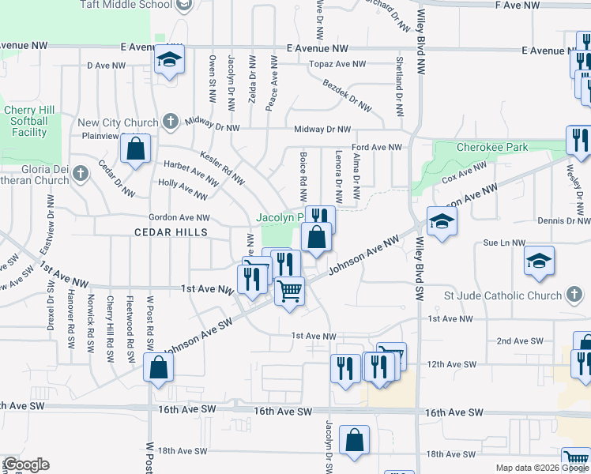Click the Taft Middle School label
126,4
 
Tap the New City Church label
118,122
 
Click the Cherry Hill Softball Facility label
26,121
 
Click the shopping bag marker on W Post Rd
159,367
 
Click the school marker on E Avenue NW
169,61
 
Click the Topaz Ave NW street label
337,64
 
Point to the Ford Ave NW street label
377,147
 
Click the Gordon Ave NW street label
179,217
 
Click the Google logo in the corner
25,465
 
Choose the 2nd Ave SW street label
520,340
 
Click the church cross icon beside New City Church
169,122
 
